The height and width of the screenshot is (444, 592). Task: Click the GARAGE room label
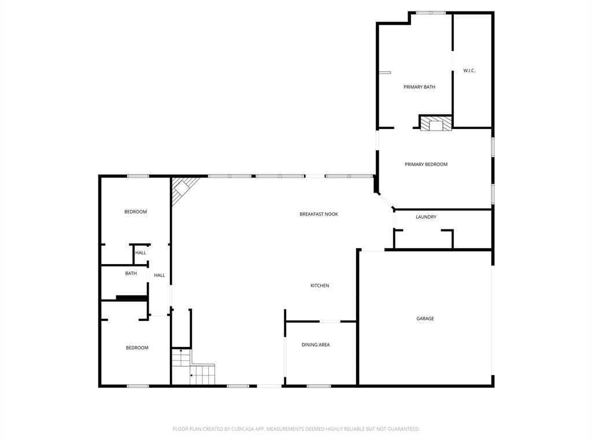[x=425, y=319]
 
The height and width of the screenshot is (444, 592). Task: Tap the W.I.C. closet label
[x=469, y=71]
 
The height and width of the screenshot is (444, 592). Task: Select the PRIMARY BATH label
[x=419, y=87]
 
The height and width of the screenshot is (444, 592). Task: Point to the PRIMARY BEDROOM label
[x=426, y=164]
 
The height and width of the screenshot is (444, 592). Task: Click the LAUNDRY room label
[x=426, y=217]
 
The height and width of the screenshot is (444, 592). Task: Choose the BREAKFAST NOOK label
[x=319, y=214]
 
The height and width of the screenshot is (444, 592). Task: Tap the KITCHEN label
[x=320, y=286]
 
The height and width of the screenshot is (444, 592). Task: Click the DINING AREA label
[x=316, y=345]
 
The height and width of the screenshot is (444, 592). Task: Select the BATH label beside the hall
[x=131, y=273]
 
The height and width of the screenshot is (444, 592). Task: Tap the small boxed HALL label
[x=140, y=253]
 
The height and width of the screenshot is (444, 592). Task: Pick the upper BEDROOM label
[x=135, y=212]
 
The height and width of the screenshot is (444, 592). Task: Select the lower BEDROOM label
[x=137, y=347]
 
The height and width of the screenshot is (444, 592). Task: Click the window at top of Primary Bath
[x=431, y=13]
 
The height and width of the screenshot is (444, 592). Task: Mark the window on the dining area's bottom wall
[x=319, y=386]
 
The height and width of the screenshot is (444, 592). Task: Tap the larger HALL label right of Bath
[x=160, y=275]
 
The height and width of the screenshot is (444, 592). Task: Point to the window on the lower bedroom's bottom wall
[x=138, y=386]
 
